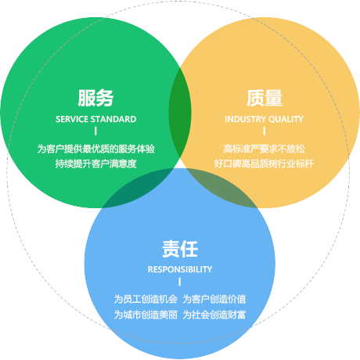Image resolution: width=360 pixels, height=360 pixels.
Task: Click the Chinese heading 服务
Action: [x=95, y=98]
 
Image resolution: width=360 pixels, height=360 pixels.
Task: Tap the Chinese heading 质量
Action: [x=265, y=98]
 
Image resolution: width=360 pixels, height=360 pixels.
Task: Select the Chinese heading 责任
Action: [x=180, y=249]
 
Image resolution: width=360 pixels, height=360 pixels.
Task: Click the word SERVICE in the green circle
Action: [x=72, y=119]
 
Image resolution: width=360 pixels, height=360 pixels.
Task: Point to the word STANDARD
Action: [x=113, y=119]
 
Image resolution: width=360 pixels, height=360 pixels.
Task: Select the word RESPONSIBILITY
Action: [x=180, y=269]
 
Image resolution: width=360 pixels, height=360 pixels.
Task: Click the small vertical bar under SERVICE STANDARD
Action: [x=95, y=131]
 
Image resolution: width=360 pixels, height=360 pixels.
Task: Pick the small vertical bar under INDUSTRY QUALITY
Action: [x=265, y=131]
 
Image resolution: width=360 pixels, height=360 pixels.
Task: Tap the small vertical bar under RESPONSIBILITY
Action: [x=180, y=282]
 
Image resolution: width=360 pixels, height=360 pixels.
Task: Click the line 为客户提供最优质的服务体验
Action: [x=95, y=149]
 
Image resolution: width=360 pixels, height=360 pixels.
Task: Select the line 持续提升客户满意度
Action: [x=95, y=164]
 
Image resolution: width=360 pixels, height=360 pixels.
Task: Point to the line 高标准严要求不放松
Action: [x=264, y=149]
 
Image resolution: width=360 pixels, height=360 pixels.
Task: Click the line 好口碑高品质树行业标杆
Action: [x=264, y=164]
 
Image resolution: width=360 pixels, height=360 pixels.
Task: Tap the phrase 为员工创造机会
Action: [x=146, y=299]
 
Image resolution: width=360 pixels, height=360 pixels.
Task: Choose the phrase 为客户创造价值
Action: [x=214, y=299]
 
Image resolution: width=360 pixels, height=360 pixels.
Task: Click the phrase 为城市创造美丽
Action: [x=146, y=315]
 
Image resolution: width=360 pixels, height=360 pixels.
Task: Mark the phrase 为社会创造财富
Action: [x=214, y=315]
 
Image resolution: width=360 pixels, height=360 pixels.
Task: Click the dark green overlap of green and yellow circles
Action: [x=180, y=113]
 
